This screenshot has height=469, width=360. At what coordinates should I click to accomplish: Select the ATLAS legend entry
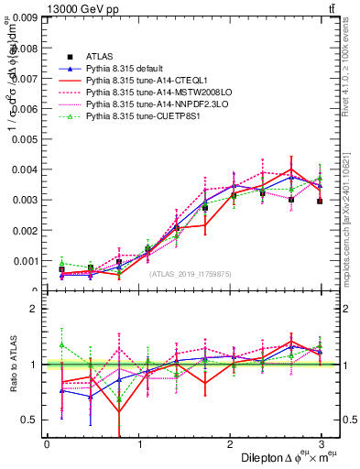coord(101,56)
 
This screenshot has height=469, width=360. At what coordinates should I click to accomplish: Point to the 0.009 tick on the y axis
coord(25,17)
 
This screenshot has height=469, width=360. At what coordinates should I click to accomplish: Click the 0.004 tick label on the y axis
coord(25,169)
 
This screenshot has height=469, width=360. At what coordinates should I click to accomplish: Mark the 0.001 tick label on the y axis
coord(25,260)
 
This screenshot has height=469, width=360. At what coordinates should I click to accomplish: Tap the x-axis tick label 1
coord(138,443)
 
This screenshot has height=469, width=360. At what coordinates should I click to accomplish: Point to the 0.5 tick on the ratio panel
coord(30,420)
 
